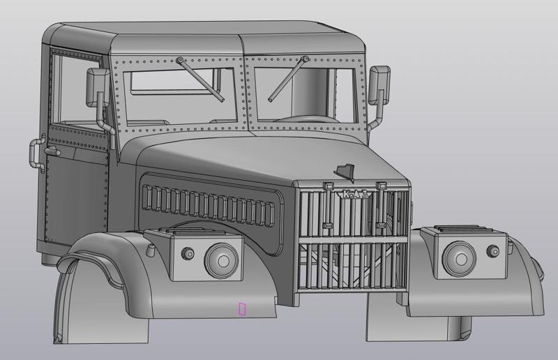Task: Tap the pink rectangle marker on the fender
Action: tap(242, 308)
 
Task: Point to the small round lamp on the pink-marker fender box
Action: tap(188, 253)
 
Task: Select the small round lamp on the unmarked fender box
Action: tap(493, 250)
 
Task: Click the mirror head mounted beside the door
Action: tap(96, 87)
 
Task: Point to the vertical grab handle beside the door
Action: tap(33, 153)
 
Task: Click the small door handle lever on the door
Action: tap(51, 151)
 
